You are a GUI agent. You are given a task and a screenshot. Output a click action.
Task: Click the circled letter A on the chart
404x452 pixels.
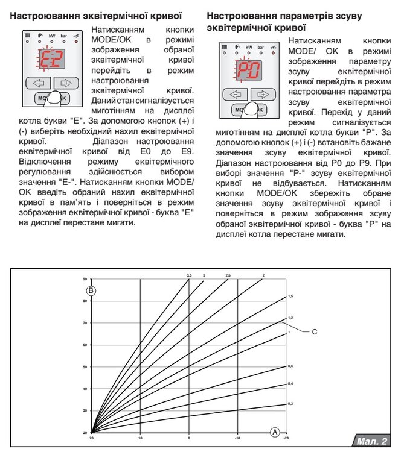[275, 432]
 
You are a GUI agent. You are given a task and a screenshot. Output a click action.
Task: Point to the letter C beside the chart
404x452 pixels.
[314, 331]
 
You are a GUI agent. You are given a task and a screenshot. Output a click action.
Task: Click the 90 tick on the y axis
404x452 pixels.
[85, 279]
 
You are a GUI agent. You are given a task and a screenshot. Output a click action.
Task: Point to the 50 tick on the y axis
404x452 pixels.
[85, 366]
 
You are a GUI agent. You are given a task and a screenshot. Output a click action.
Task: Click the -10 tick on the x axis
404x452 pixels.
[237, 438]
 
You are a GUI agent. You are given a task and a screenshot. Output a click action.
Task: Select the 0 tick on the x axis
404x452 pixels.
[189, 438]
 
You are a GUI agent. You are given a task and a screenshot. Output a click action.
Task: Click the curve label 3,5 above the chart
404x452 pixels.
[189, 275]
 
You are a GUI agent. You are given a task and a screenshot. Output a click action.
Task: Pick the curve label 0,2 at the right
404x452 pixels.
[290, 403]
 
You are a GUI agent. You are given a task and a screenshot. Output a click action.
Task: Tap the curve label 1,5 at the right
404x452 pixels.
[290, 297]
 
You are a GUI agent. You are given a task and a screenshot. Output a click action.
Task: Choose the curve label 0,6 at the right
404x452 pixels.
[290, 366]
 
